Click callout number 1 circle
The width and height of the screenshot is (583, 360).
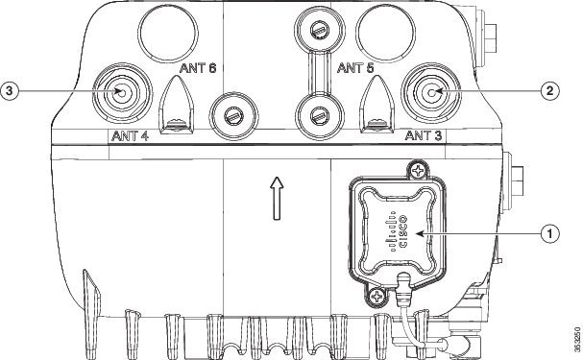click(549, 233)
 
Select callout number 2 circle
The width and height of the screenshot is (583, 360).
click(549, 90)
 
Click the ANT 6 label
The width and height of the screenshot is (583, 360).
click(198, 68)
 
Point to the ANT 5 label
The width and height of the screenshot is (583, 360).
click(355, 68)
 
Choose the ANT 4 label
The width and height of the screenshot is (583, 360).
click(130, 136)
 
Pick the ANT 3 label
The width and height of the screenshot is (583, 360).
click(424, 135)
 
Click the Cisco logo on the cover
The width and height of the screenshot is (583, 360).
click(398, 231)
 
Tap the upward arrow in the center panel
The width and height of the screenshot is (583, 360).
click(277, 198)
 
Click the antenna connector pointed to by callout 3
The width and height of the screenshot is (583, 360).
click(122, 92)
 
